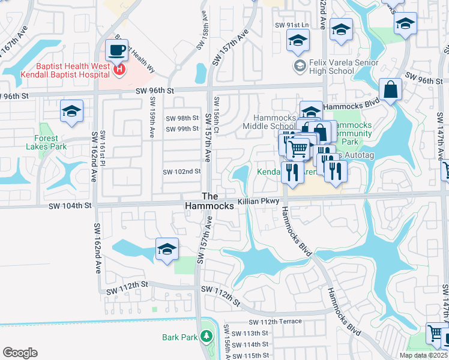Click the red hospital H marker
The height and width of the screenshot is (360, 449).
tap(119, 70)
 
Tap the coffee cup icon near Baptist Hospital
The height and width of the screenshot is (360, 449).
tap(116, 50)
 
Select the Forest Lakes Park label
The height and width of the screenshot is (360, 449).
tap(46, 142)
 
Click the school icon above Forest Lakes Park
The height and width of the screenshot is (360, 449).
tap(71, 112)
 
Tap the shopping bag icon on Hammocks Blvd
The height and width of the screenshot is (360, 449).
tap(390, 91)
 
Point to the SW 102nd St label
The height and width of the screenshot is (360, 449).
tap(181, 172)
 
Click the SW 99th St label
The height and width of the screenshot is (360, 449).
tap(182, 129)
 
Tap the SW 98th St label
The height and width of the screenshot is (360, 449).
tap(182, 118)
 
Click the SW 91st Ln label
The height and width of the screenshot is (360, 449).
tap(291, 25)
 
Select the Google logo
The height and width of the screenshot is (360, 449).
tap(20, 352)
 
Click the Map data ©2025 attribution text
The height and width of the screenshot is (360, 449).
tap(423, 355)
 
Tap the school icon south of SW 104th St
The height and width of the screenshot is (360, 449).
tap(167, 250)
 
